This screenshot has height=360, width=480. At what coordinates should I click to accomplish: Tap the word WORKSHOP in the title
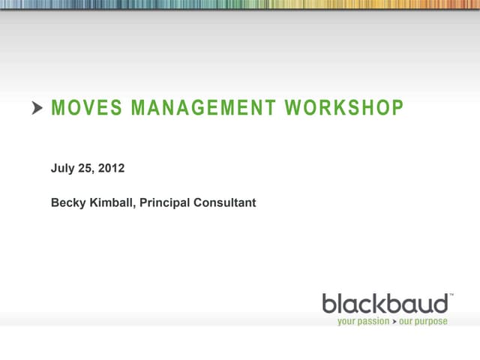[x=344, y=109]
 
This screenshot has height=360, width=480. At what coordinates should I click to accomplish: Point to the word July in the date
[x=62, y=169]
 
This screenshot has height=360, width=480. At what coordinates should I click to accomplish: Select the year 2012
[x=112, y=169]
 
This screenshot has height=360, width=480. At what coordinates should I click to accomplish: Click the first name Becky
[x=67, y=202]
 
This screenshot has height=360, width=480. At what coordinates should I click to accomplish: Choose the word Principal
[x=163, y=202]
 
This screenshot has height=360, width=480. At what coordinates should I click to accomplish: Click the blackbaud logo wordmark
[x=385, y=304]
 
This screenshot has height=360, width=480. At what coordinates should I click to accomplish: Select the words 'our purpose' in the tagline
[x=423, y=321]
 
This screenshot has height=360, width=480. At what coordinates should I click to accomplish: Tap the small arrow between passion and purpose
[x=394, y=321]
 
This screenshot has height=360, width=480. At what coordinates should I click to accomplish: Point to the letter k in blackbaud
[x=382, y=304]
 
